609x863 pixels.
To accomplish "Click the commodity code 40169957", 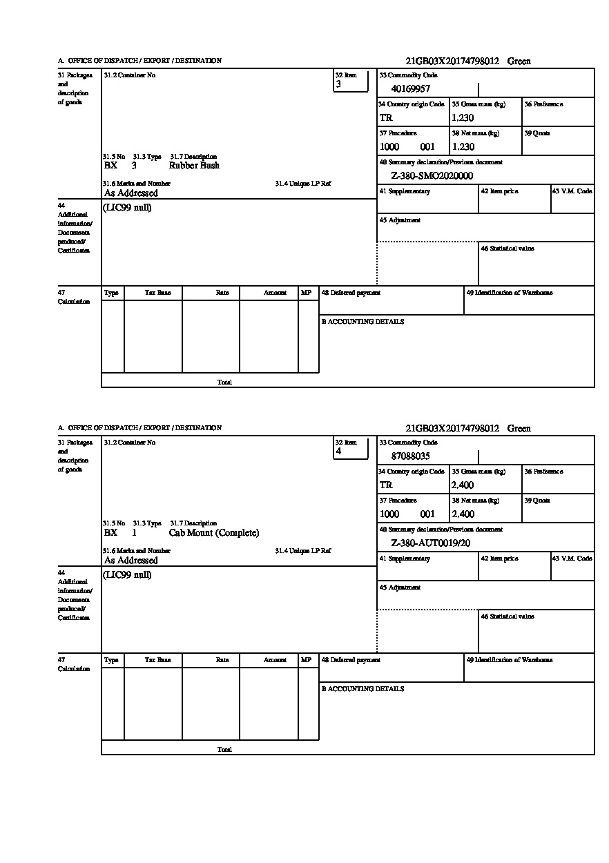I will pyautogui.click(x=411, y=88).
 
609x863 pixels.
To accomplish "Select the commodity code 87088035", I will pyautogui.click(x=411, y=456).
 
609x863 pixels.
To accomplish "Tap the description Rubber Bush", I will pyautogui.click(x=194, y=166).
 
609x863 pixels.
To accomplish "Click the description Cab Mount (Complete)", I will pyautogui.click(x=213, y=532).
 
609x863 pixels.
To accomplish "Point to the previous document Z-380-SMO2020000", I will pyautogui.click(x=432, y=175).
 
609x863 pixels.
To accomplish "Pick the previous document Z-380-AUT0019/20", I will pyautogui.click(x=430, y=543).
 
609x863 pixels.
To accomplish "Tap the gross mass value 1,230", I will pyautogui.click(x=463, y=117).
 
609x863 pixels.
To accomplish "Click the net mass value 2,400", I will pyautogui.click(x=463, y=514).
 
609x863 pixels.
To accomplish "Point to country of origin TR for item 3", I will pyautogui.click(x=386, y=117).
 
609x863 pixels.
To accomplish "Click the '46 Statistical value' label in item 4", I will pyautogui.click(x=507, y=616).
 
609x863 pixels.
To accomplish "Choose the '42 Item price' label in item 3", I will pyautogui.click(x=499, y=191).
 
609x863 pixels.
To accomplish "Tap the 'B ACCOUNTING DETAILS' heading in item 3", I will pyautogui.click(x=362, y=322).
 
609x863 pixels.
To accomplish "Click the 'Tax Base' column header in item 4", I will pyautogui.click(x=157, y=660).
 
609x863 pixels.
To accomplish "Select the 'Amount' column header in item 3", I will pyautogui.click(x=275, y=293).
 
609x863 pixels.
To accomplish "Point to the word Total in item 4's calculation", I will pyautogui.click(x=224, y=749).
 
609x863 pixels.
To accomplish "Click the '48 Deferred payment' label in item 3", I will pyautogui.click(x=351, y=293).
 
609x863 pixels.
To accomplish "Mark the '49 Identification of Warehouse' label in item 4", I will pyautogui.click(x=509, y=660).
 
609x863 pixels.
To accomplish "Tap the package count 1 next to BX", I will pyautogui.click(x=134, y=532).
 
